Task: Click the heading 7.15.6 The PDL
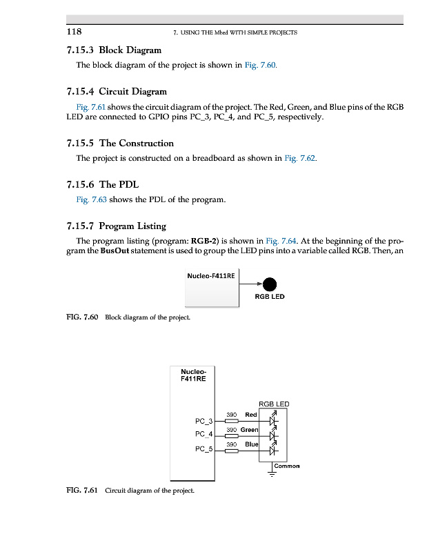(x=101, y=184)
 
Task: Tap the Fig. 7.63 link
(x=91, y=200)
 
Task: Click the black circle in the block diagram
(x=270, y=284)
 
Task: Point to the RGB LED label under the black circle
(x=270, y=297)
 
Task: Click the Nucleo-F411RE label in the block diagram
(x=211, y=276)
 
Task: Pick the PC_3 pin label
(x=205, y=420)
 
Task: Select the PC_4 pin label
(x=205, y=435)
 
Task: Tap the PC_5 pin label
(x=205, y=450)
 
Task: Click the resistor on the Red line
(x=232, y=420)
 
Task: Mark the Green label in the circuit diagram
(x=249, y=430)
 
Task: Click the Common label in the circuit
(x=287, y=466)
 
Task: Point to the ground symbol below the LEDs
(x=272, y=473)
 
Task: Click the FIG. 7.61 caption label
(x=81, y=491)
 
